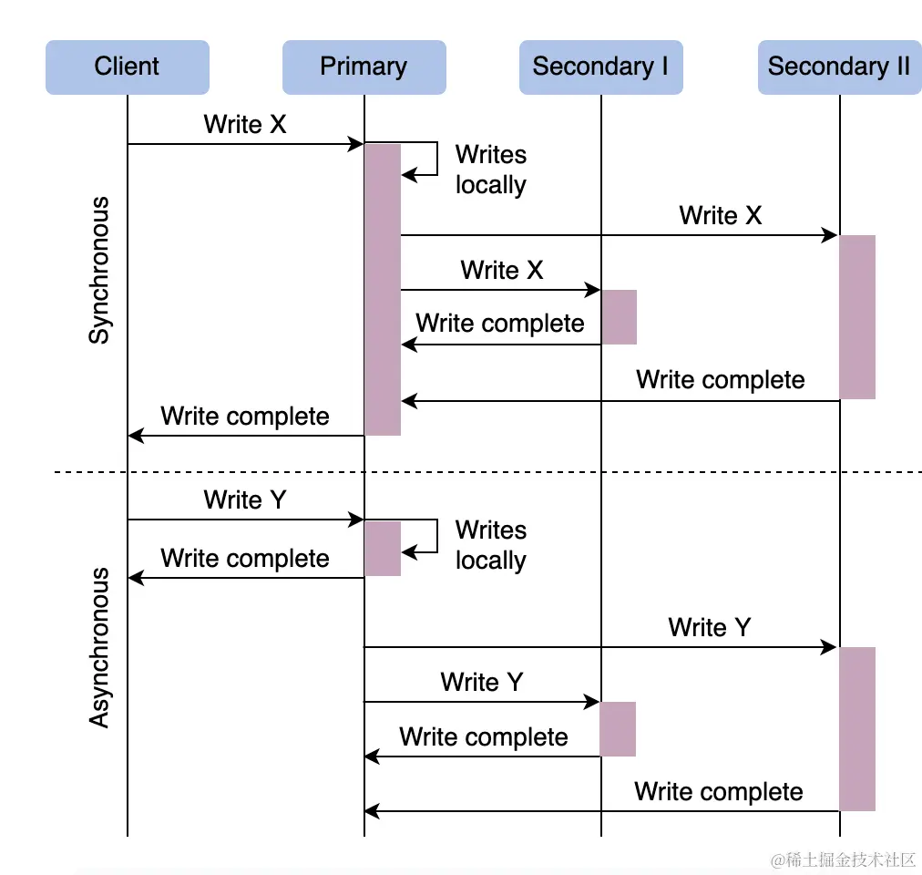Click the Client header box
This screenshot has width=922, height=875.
click(x=127, y=67)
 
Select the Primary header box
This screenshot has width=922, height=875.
click(x=364, y=67)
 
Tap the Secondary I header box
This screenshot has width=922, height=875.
click(x=600, y=67)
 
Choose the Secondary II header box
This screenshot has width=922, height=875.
click(x=839, y=67)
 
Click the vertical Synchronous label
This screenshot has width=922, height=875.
click(x=98, y=270)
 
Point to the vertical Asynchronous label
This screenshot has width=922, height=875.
click(x=98, y=647)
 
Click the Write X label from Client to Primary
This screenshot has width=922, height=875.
click(x=245, y=125)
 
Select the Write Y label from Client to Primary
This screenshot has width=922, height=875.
click(x=245, y=500)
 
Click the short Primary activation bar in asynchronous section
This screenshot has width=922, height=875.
click(x=383, y=548)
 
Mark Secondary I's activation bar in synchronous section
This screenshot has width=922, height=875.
click(x=619, y=316)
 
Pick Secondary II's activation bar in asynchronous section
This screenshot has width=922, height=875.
click(x=857, y=728)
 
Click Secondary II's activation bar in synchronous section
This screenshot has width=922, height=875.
click(x=857, y=316)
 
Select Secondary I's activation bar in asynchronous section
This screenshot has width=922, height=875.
click(x=618, y=728)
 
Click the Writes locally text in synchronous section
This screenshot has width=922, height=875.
click(x=490, y=170)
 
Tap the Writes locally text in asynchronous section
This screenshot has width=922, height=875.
click(x=490, y=545)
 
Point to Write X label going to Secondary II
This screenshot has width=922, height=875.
click(x=720, y=216)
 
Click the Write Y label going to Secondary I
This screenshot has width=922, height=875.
click(x=481, y=683)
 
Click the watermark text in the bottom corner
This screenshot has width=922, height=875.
click(x=842, y=860)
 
